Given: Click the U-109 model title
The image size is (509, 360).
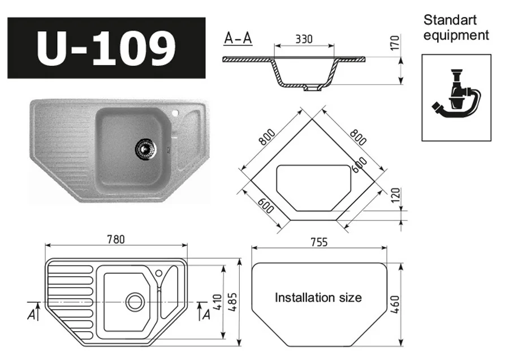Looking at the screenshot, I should click(x=106, y=48).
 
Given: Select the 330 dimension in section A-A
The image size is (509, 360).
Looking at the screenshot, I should click(x=304, y=39).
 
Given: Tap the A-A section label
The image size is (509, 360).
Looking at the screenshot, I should click(x=238, y=38).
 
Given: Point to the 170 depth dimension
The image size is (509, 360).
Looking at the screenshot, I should click(x=395, y=42).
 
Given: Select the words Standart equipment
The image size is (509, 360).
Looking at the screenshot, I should click(x=456, y=28).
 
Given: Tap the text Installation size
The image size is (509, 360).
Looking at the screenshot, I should click(x=318, y=298).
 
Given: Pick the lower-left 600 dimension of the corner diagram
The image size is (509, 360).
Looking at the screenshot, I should click(x=265, y=206).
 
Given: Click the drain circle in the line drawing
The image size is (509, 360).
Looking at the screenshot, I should click(x=135, y=301).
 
